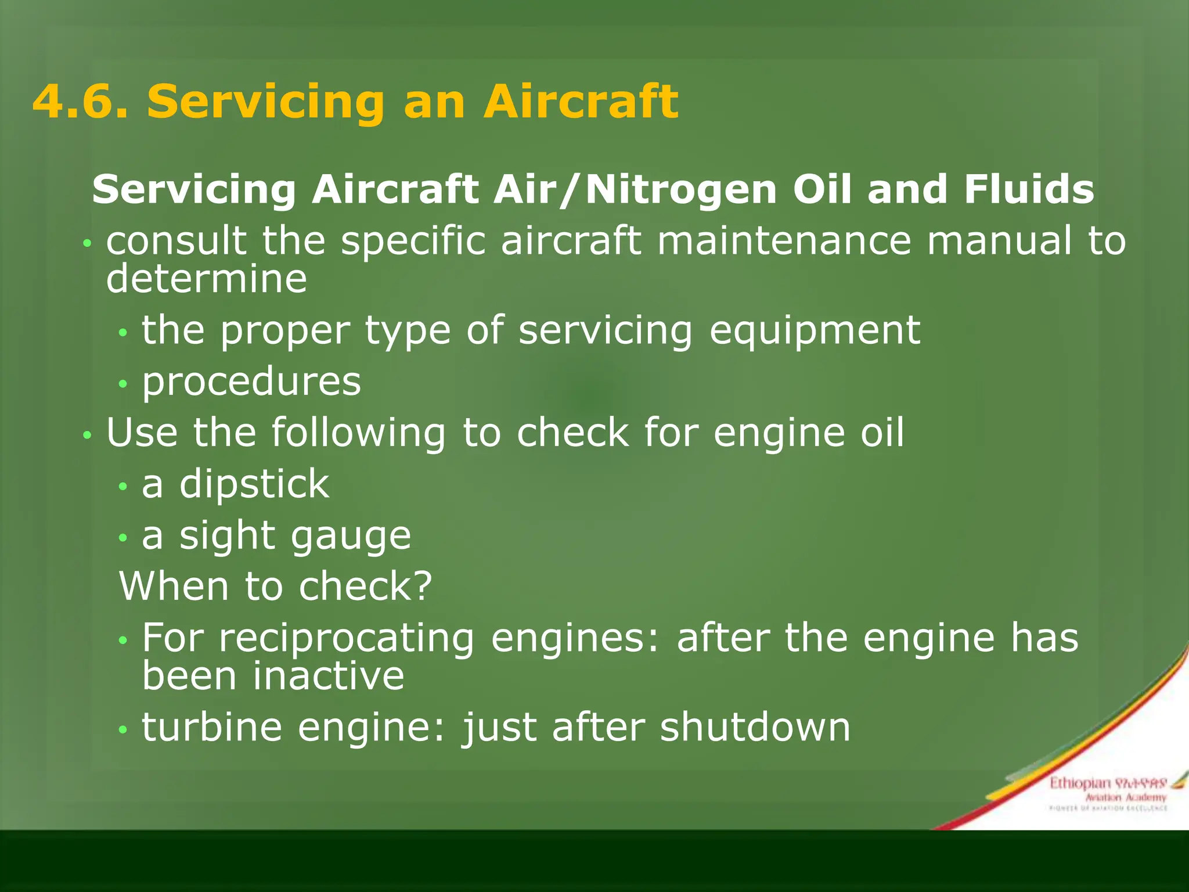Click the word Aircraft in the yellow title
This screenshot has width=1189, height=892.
(x=581, y=102)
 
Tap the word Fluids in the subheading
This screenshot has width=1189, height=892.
(x=1029, y=190)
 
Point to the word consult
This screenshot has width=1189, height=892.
(x=176, y=241)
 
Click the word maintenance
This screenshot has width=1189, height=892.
(x=784, y=241)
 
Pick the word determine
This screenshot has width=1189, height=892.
(x=206, y=279)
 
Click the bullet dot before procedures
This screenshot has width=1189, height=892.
(x=122, y=384)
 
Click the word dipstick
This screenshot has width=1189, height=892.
(x=254, y=484)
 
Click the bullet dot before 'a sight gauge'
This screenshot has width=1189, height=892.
(x=122, y=538)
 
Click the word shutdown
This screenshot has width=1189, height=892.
(x=755, y=727)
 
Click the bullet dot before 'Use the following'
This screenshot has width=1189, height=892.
(x=87, y=435)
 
